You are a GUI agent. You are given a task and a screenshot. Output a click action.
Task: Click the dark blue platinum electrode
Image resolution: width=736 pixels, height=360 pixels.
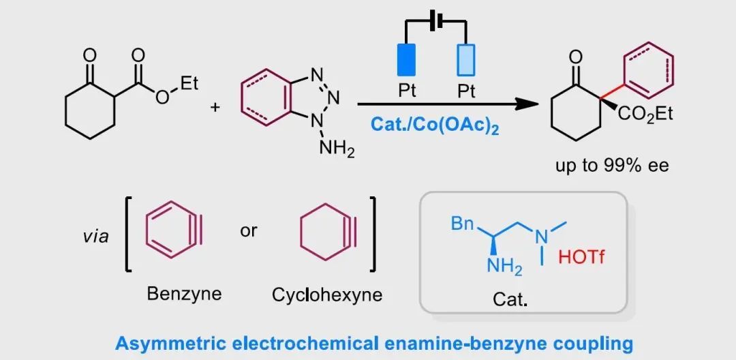click(407, 60)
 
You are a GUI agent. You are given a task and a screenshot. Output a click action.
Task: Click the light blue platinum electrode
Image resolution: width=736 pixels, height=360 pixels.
click(466, 60)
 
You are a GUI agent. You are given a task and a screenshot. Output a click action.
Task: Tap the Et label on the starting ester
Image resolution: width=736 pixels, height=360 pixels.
click(188, 84)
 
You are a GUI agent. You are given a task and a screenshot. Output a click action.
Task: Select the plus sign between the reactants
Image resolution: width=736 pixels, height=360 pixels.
click(215, 107)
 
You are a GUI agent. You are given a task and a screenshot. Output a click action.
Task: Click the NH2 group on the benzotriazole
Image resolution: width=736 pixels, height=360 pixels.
click(337, 149)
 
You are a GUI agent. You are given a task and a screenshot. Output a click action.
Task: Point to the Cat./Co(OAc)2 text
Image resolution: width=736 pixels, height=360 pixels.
click(434, 125)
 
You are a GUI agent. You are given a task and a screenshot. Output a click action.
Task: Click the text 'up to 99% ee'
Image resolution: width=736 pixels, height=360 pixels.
click(612, 166)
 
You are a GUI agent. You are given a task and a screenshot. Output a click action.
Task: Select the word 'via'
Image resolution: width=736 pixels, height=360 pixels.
click(95, 237)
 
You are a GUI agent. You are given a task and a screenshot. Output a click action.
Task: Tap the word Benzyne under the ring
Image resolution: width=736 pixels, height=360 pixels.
click(184, 294)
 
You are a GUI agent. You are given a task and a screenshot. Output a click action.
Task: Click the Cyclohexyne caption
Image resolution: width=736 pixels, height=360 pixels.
click(327, 295)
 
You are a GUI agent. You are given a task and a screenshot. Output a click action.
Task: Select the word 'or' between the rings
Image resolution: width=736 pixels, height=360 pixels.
click(249, 230)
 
